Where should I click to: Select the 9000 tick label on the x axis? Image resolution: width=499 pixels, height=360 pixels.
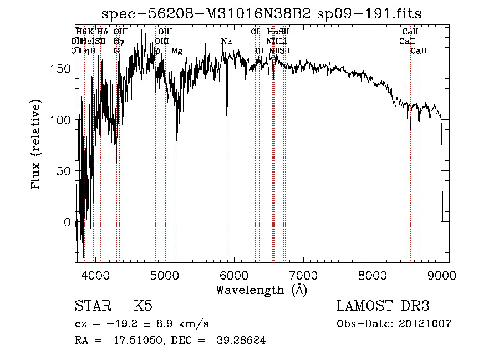tap(442, 275)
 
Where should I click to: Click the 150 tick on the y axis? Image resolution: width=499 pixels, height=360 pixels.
tap(76, 68)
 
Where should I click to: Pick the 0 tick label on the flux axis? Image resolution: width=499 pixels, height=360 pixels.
tap(68, 222)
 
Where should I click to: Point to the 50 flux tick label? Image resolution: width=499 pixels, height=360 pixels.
tap(64, 171)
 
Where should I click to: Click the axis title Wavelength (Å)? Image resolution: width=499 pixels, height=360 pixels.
tap(261, 290)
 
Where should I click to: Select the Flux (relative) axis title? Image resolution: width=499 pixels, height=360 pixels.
tap(37, 145)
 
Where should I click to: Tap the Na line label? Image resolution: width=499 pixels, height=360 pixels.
tap(226, 42)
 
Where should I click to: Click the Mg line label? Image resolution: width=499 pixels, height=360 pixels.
tap(176, 51)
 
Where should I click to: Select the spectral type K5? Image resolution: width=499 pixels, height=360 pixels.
tap(142, 306)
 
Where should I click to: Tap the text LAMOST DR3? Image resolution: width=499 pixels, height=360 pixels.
tap(383, 306)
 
